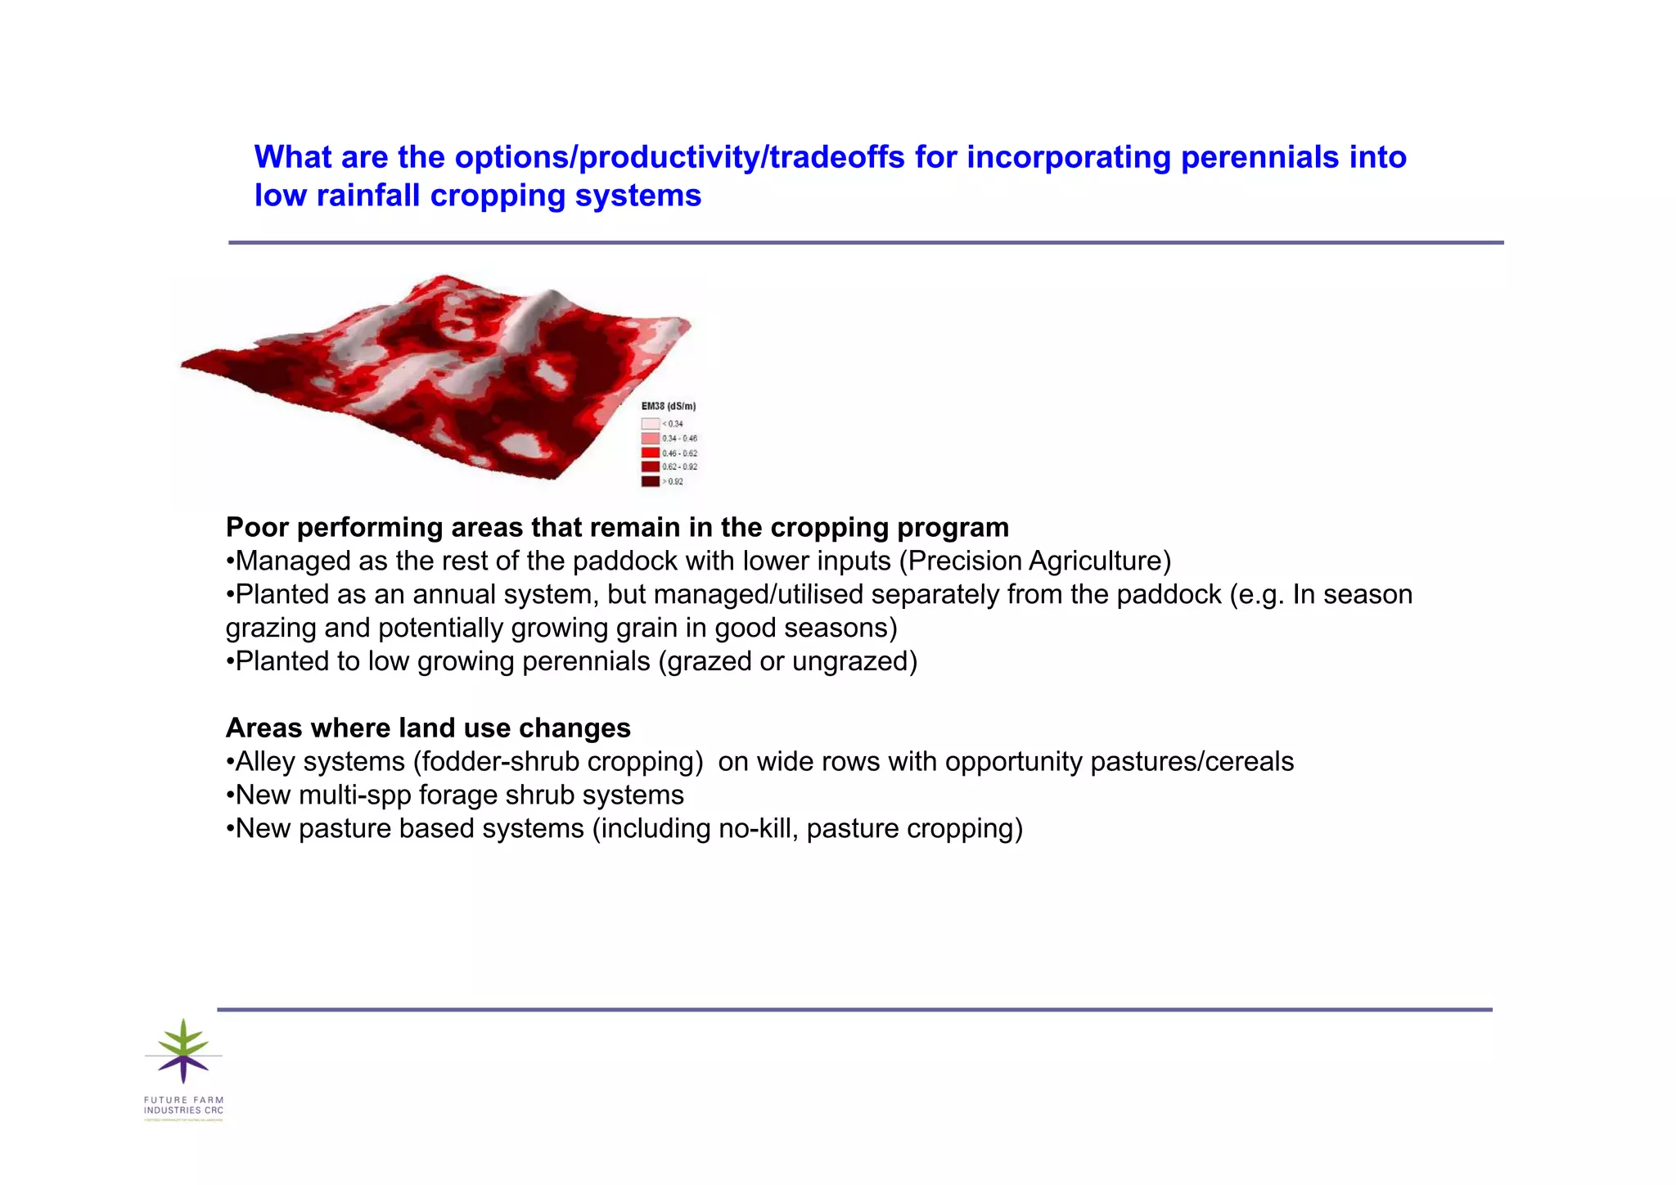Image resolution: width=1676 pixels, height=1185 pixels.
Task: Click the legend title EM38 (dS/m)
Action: click(668, 406)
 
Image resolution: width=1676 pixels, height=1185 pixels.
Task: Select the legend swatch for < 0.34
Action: click(650, 424)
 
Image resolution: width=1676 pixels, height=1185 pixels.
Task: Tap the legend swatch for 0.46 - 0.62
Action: click(650, 453)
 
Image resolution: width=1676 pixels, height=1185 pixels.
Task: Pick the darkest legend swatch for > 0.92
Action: click(650, 481)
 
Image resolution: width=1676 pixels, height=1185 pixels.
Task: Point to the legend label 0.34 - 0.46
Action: click(679, 439)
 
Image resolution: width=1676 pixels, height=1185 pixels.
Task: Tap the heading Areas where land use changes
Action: click(428, 728)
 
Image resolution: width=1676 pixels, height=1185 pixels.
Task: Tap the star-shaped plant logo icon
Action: click(183, 1051)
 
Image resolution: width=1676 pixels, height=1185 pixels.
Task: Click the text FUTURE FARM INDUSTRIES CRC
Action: click(183, 1105)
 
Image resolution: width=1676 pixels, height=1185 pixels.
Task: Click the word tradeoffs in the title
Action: click(836, 157)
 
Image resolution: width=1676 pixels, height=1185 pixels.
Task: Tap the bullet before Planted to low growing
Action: click(230, 661)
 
